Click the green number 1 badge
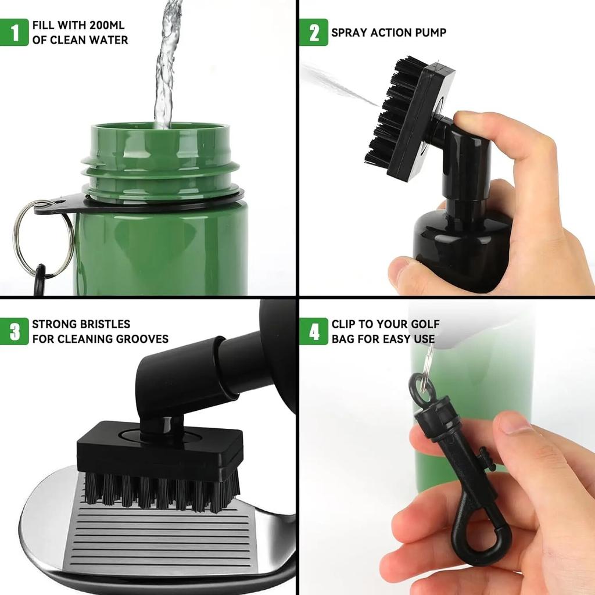(14, 32)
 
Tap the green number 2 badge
(314, 32)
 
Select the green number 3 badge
(14, 331)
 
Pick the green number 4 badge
(314, 331)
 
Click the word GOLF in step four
(425, 324)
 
